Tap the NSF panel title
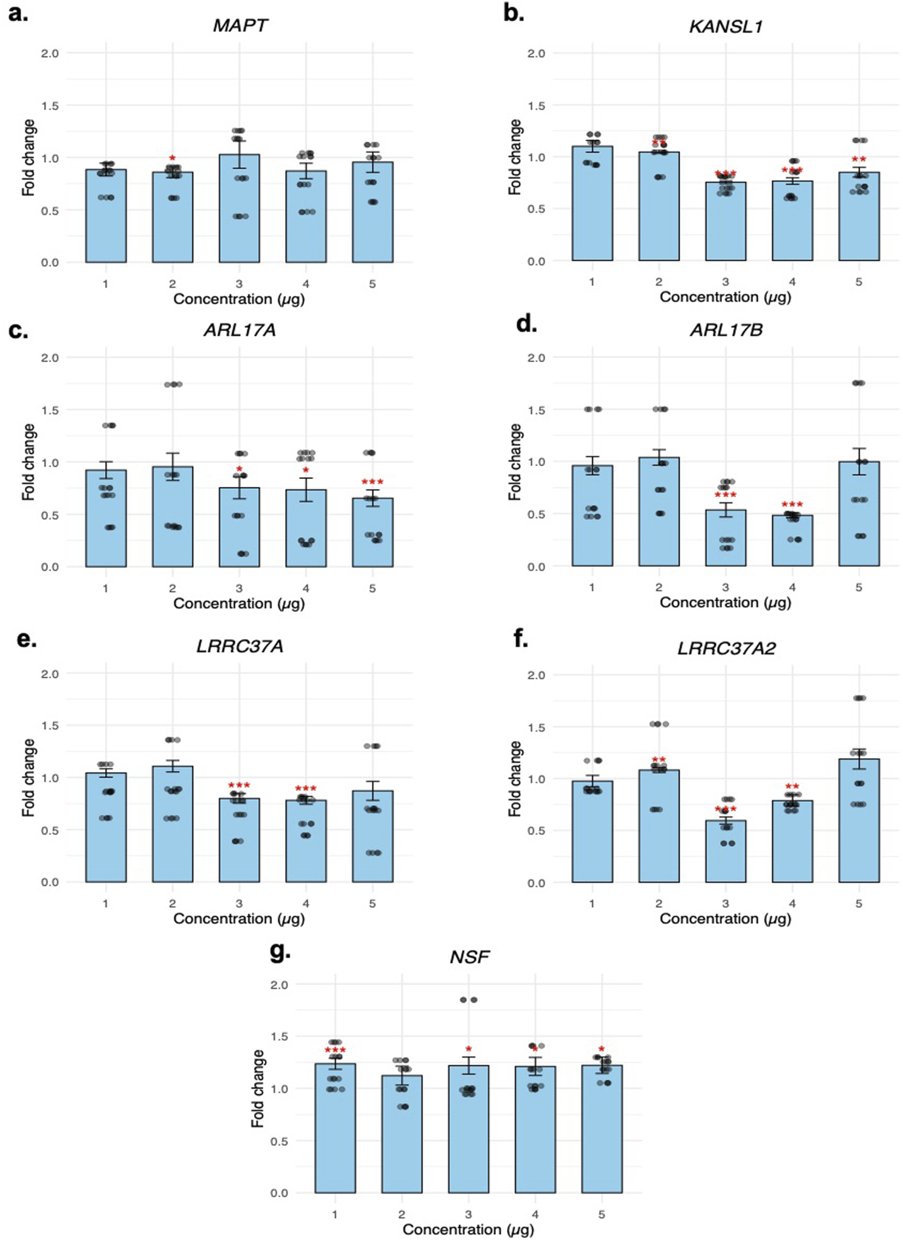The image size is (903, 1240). coord(470,957)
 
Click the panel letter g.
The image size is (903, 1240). coord(280,950)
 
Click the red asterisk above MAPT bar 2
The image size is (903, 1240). coord(172,159)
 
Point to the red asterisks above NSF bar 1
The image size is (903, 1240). coord(334,1051)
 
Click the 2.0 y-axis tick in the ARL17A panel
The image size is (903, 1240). coord(50,357)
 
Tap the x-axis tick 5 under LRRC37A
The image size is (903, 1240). coord(372,904)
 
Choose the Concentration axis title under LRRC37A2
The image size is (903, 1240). coord(725,919)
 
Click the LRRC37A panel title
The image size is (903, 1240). coord(240,647)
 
